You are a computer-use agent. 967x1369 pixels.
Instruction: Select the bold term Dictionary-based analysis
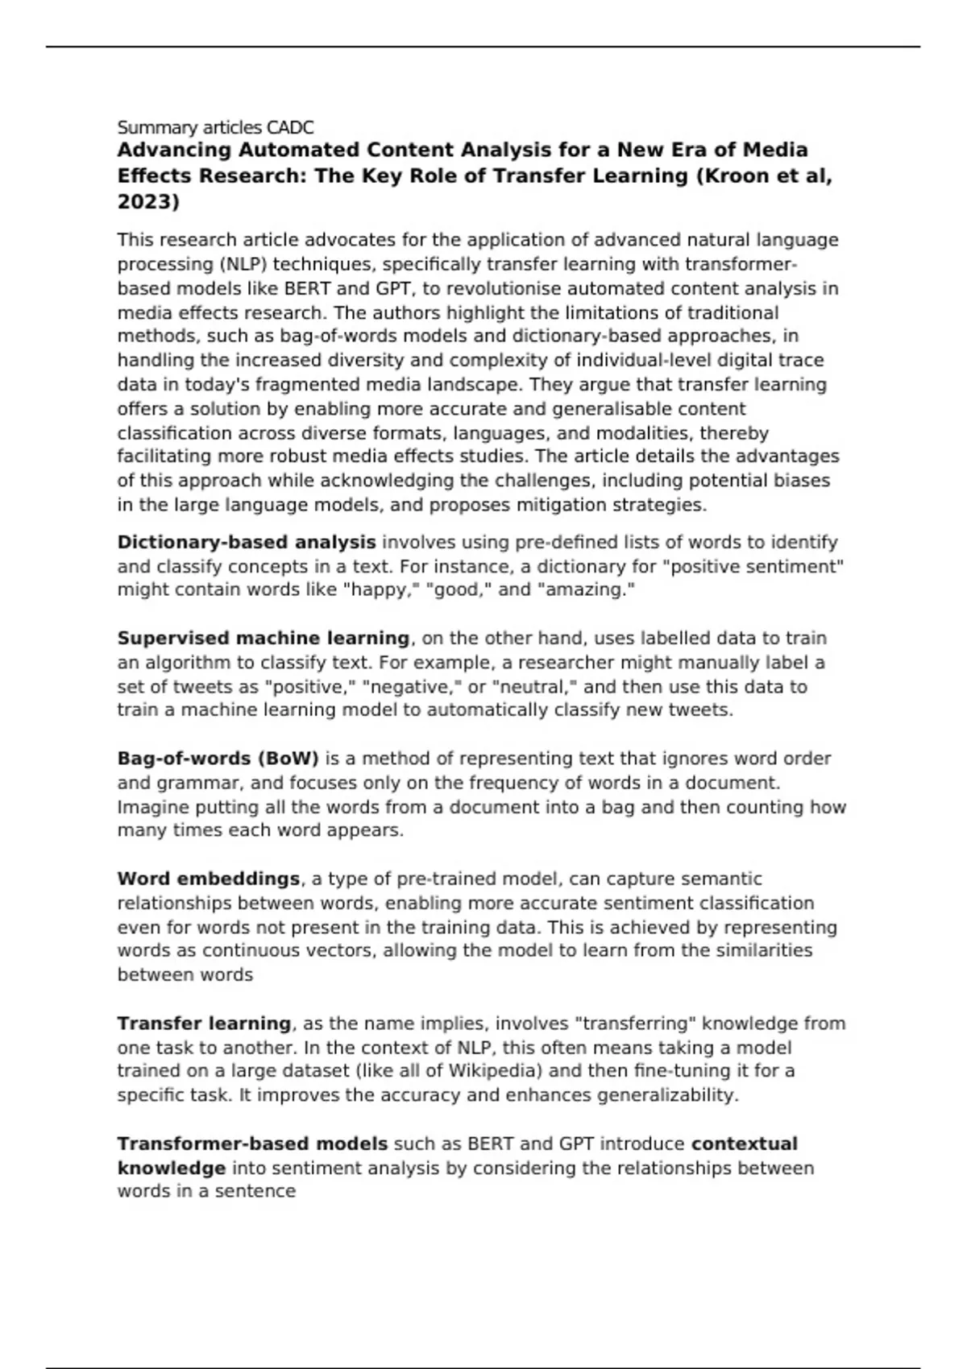click(247, 542)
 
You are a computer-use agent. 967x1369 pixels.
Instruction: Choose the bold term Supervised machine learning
click(264, 638)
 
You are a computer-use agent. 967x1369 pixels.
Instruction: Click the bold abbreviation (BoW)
click(288, 759)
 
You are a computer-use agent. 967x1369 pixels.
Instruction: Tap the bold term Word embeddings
click(209, 879)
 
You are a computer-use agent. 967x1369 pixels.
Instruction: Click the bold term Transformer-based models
click(252, 1144)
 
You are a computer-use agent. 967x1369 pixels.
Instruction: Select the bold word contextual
click(745, 1144)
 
